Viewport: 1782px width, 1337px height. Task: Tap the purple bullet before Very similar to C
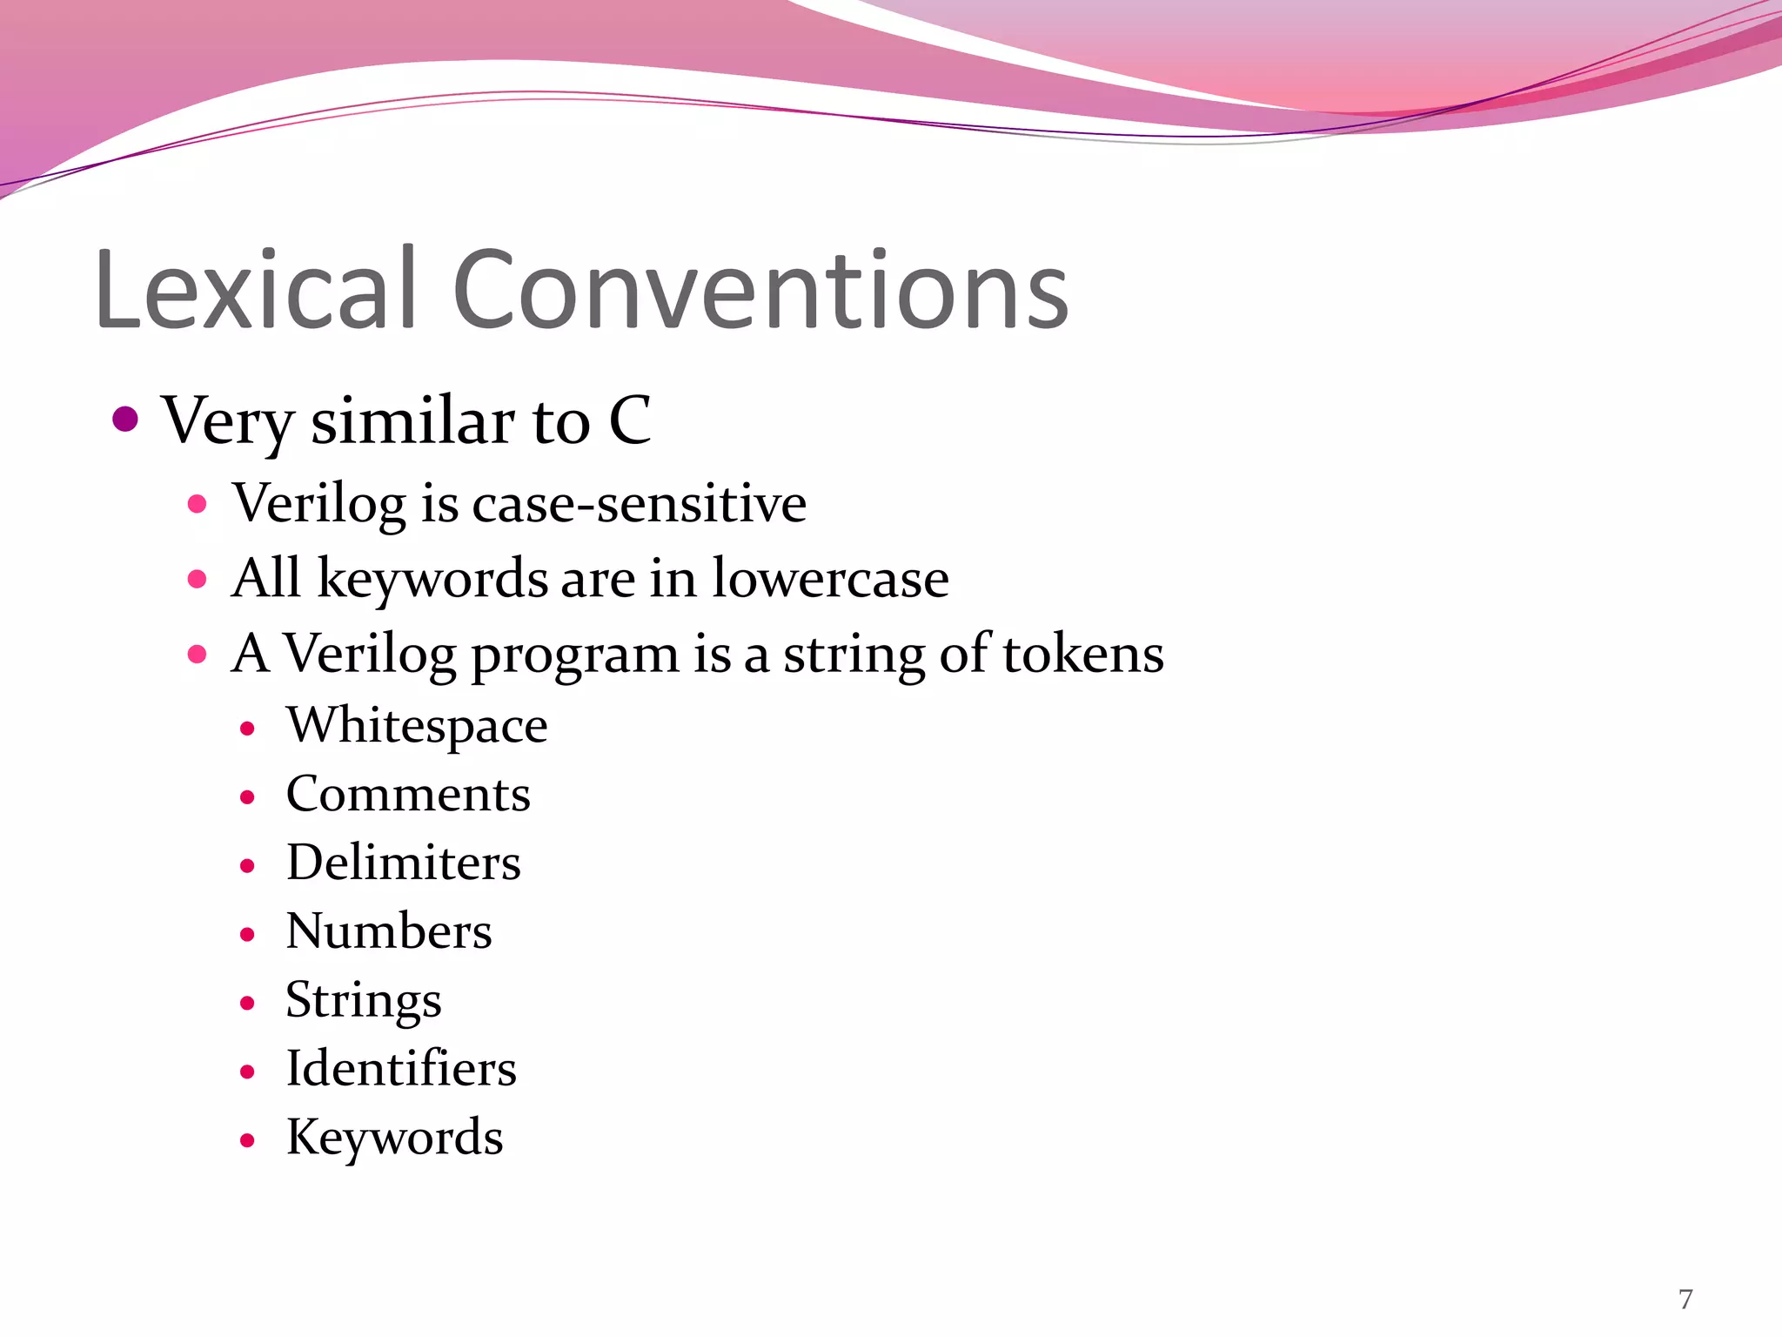click(x=126, y=420)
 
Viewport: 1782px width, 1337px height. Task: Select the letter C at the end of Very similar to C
click(x=629, y=420)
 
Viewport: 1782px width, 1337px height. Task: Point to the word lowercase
click(x=830, y=579)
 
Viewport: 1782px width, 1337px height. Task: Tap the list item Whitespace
click(x=417, y=726)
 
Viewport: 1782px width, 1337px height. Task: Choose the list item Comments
click(x=408, y=795)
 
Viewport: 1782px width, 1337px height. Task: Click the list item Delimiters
click(x=404, y=863)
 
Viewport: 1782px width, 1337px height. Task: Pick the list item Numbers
click(x=389, y=932)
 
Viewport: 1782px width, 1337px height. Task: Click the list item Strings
click(x=364, y=1001)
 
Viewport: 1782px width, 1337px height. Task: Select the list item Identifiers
click(x=401, y=1070)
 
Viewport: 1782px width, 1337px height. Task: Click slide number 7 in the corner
click(x=1685, y=1300)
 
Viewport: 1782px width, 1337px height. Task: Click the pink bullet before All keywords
click(x=198, y=579)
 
